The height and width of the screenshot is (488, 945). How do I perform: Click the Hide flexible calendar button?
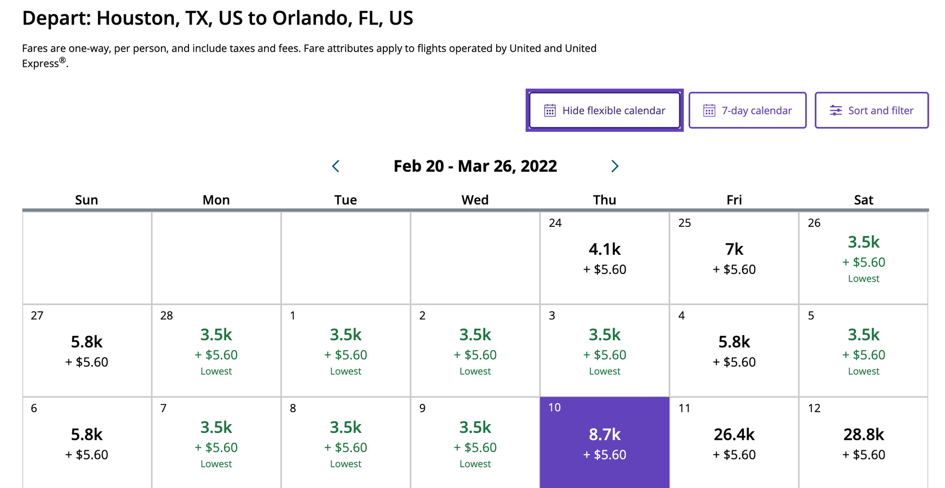[604, 110]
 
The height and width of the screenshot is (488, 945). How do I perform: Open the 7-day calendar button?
[747, 110]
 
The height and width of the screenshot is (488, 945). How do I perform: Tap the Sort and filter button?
[872, 110]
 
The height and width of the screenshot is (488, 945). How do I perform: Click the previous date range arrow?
[336, 166]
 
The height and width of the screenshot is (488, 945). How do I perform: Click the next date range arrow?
[614, 166]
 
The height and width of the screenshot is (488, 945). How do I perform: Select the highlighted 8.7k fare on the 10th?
[604, 435]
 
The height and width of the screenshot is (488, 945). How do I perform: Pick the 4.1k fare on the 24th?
[604, 249]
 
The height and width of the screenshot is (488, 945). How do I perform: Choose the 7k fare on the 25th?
[734, 249]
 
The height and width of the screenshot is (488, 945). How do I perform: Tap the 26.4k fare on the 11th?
[734, 435]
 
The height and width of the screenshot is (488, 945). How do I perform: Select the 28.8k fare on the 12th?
[863, 435]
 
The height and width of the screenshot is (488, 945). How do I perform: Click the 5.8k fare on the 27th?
[87, 342]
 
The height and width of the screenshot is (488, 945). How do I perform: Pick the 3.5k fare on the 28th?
[216, 335]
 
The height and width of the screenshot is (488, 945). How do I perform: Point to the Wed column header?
[475, 200]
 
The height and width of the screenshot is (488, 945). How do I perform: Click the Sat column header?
[863, 200]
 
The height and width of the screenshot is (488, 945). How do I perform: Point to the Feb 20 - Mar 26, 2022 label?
[475, 166]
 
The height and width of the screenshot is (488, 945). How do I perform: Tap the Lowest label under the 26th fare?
[863, 279]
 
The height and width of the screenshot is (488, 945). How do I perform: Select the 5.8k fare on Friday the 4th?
[734, 342]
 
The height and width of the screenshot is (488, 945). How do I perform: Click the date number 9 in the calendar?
[422, 408]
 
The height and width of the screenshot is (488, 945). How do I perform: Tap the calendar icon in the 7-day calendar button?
[709, 110]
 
